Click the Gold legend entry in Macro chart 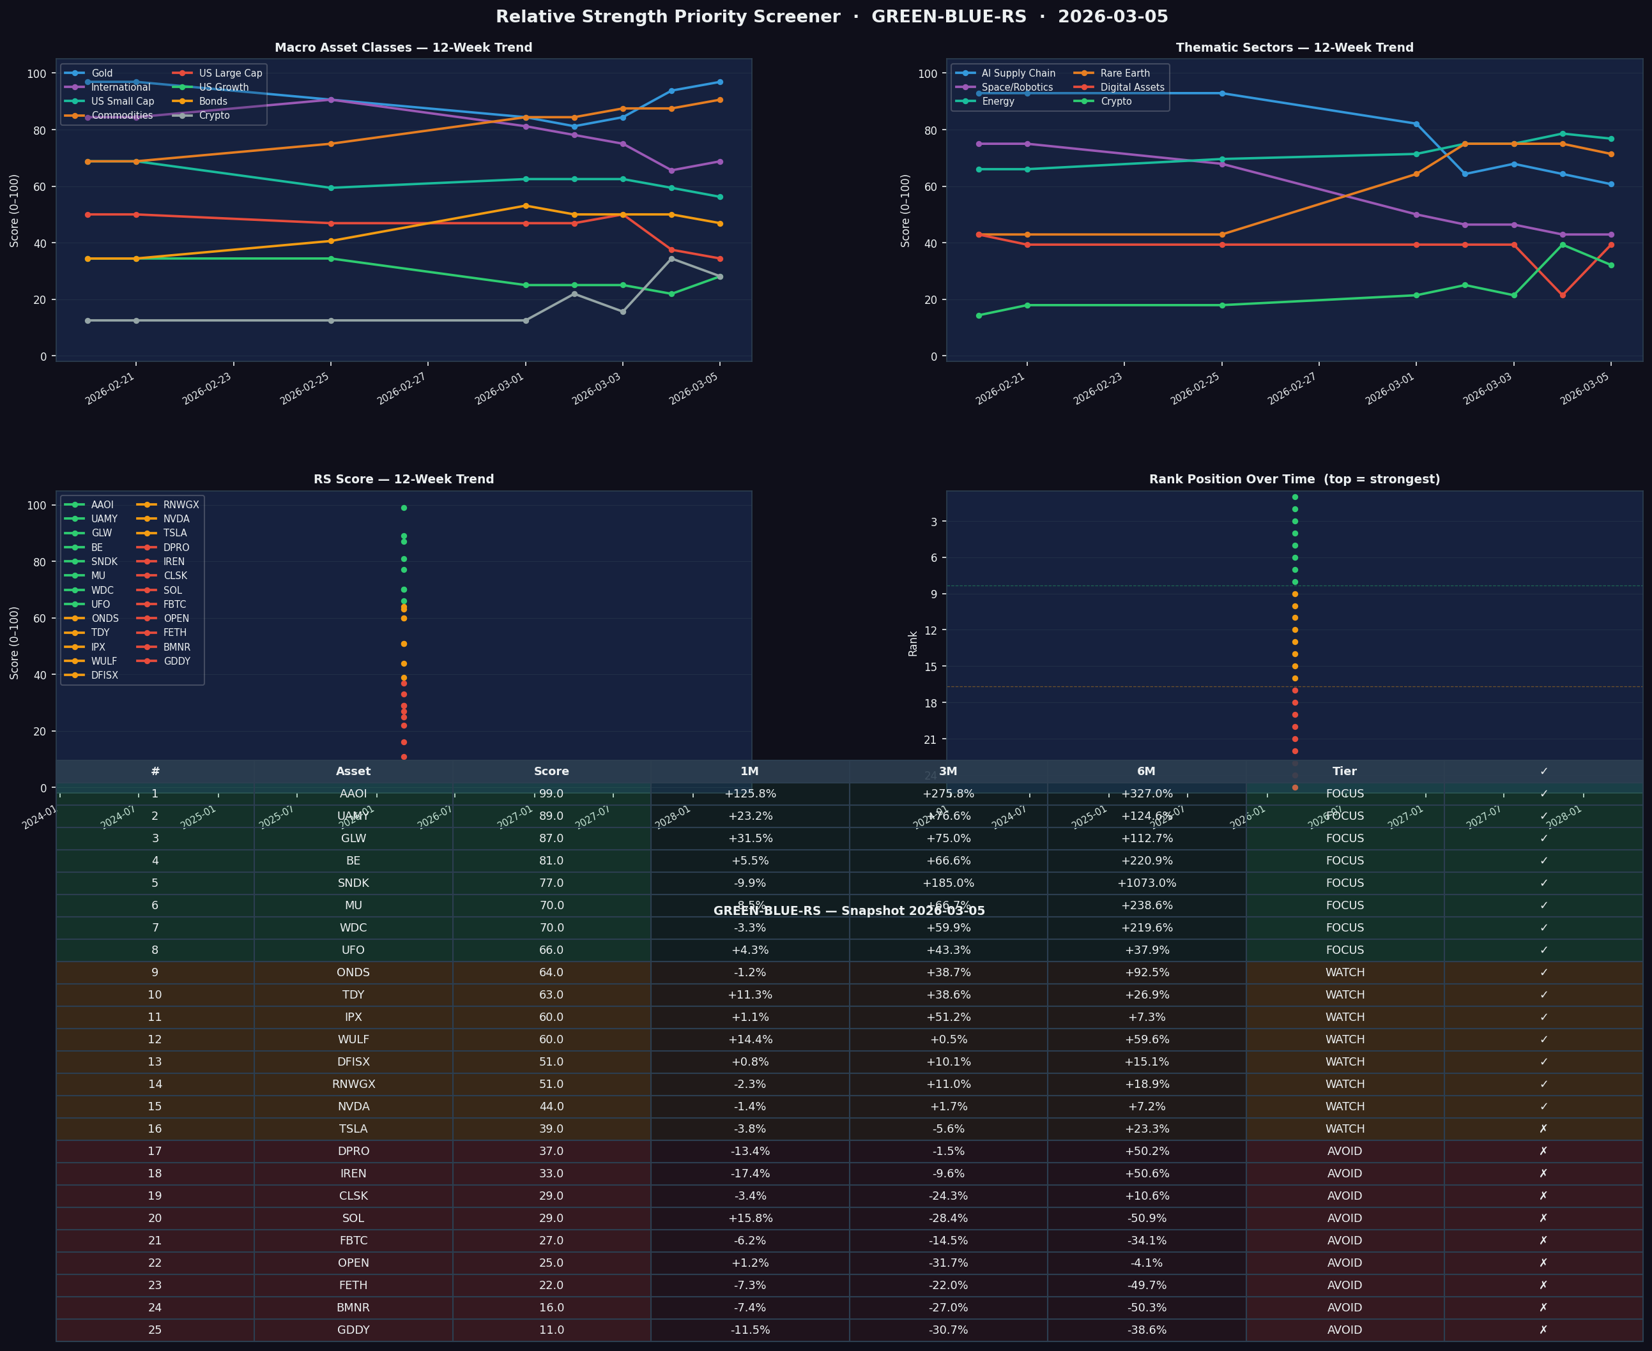click(101, 73)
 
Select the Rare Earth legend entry click(1124, 73)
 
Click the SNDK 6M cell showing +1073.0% click(1146, 883)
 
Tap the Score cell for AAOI click(551, 794)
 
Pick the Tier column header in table click(1345, 771)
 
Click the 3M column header click(947, 771)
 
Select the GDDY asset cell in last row click(353, 1330)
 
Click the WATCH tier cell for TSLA click(1345, 1128)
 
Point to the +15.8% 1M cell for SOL click(750, 1218)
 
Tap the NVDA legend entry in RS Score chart click(176, 519)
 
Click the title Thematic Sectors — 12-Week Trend click(1294, 47)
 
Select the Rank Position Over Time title click(1294, 479)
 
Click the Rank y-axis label click(913, 644)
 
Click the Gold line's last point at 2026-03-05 click(719, 82)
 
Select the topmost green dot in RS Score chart click(403, 508)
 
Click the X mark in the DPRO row click(1543, 1151)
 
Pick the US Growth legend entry click(224, 87)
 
